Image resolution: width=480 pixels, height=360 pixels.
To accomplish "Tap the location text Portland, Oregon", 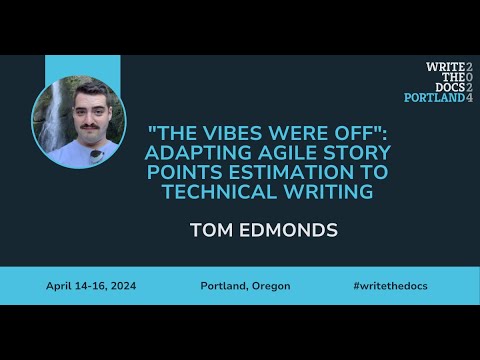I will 245,286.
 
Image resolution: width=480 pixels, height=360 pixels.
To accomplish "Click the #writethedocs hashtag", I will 392,286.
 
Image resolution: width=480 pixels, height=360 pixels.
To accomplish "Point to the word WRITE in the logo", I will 444,66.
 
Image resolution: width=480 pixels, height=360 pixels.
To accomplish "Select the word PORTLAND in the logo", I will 433,98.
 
